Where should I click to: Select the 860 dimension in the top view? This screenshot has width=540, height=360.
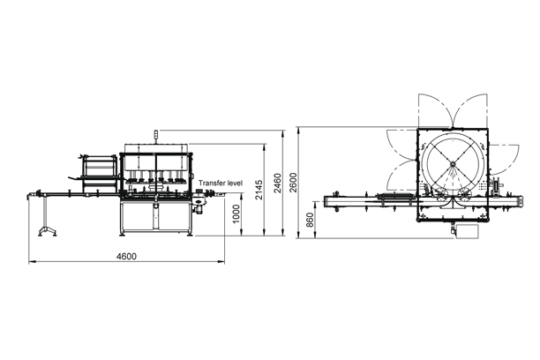pos(309,218)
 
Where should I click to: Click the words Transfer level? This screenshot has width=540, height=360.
pos(220,184)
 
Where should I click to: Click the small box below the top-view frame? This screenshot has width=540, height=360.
pos(465,229)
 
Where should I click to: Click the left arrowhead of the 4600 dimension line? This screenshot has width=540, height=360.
pos(32,261)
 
